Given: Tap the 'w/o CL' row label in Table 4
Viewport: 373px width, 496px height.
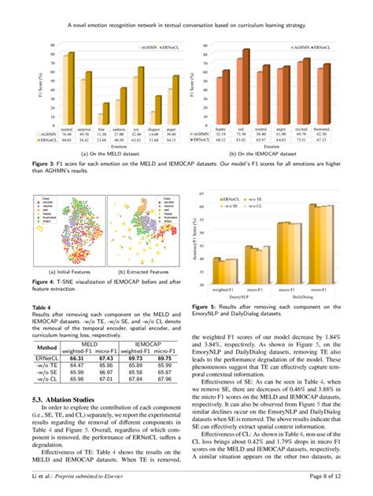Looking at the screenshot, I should point(46,379).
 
